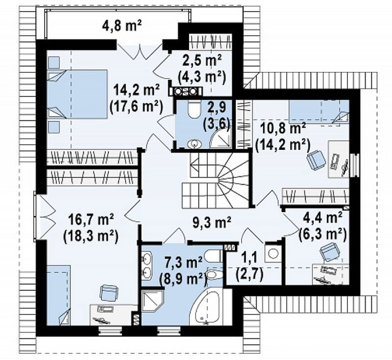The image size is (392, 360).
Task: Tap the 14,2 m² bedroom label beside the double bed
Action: (137, 89)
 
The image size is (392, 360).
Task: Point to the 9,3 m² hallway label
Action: (213, 222)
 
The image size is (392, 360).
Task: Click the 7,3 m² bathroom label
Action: (184, 263)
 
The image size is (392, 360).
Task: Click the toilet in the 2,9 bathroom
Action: (194, 109)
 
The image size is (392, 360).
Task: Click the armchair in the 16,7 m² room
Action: (109, 293)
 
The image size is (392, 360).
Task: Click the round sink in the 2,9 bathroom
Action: (194, 144)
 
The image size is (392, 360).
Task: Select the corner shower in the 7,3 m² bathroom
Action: (152, 301)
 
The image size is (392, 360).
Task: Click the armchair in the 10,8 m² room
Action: (316, 159)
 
